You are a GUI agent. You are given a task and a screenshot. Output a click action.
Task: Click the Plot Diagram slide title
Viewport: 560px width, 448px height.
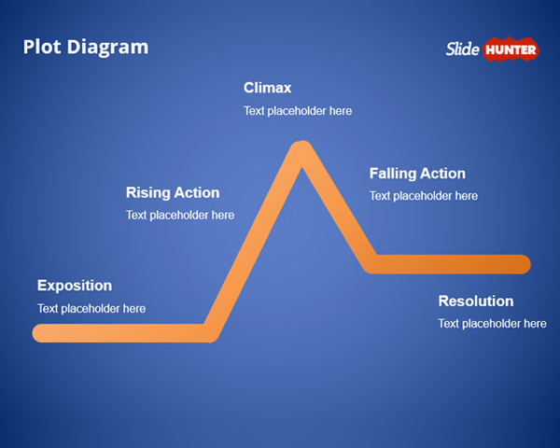(85, 47)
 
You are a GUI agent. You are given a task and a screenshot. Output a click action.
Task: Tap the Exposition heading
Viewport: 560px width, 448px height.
(75, 286)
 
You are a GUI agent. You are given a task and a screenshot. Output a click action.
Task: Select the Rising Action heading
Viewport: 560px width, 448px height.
(173, 193)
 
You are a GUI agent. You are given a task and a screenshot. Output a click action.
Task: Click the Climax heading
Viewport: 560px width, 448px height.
(268, 89)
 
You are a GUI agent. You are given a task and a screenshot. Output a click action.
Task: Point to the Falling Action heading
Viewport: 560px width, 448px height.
(417, 174)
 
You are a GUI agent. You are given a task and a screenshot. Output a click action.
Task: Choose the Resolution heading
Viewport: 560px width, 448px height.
(476, 301)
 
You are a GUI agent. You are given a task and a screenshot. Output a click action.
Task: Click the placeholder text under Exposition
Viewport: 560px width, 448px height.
(91, 309)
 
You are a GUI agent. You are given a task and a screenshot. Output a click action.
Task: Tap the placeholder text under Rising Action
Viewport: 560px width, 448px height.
(180, 216)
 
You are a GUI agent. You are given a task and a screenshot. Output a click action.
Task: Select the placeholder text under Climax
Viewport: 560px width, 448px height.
(298, 111)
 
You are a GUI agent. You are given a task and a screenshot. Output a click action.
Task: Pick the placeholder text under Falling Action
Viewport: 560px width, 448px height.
(424, 196)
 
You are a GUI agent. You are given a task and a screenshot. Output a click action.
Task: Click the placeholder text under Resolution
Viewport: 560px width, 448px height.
(492, 324)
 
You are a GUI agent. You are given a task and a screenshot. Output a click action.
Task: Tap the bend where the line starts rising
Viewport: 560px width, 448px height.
(211, 332)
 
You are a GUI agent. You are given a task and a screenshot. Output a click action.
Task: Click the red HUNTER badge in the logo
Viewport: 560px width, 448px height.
(511, 49)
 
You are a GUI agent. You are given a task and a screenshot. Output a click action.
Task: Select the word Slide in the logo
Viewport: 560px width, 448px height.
(463, 49)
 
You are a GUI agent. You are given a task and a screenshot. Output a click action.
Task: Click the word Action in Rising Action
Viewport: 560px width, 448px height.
(197, 193)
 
